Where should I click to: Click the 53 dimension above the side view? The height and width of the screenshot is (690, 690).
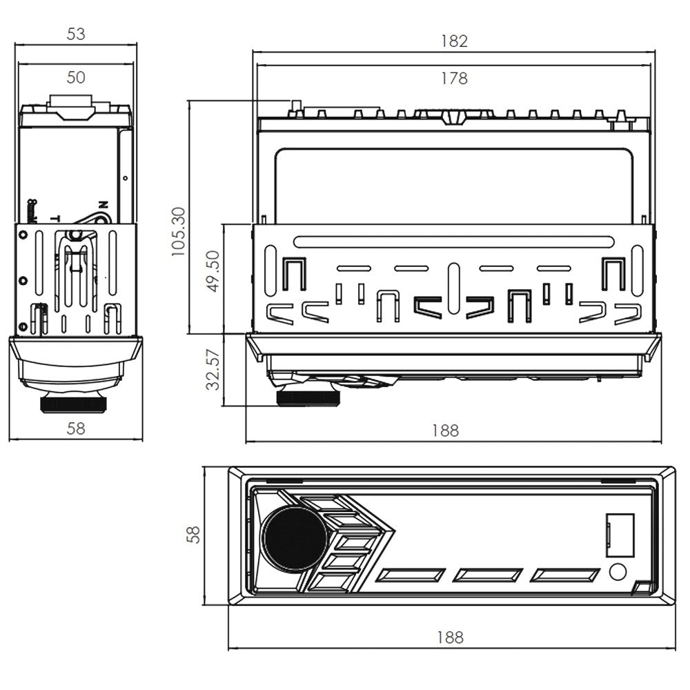point(76,34)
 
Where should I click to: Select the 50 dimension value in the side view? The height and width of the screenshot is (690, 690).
point(76,77)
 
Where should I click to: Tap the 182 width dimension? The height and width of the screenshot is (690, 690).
point(454,41)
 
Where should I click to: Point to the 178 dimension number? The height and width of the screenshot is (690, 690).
point(454,78)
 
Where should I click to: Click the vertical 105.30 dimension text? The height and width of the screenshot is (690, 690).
point(179,231)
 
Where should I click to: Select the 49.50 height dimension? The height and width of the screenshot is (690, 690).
point(213,271)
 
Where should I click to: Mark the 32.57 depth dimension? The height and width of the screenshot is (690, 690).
point(213,370)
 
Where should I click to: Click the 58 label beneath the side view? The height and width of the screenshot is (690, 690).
point(76,428)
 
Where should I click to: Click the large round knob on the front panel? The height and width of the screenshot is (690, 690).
point(293,540)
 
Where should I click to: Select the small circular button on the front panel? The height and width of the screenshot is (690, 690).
point(618,571)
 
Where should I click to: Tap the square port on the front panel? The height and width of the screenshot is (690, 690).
point(620,535)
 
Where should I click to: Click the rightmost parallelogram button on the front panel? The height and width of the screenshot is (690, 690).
point(568,575)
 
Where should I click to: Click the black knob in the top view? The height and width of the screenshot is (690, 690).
point(307,397)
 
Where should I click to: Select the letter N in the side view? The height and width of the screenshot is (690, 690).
point(103,204)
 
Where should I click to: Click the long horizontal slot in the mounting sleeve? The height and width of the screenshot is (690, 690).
point(453,242)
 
